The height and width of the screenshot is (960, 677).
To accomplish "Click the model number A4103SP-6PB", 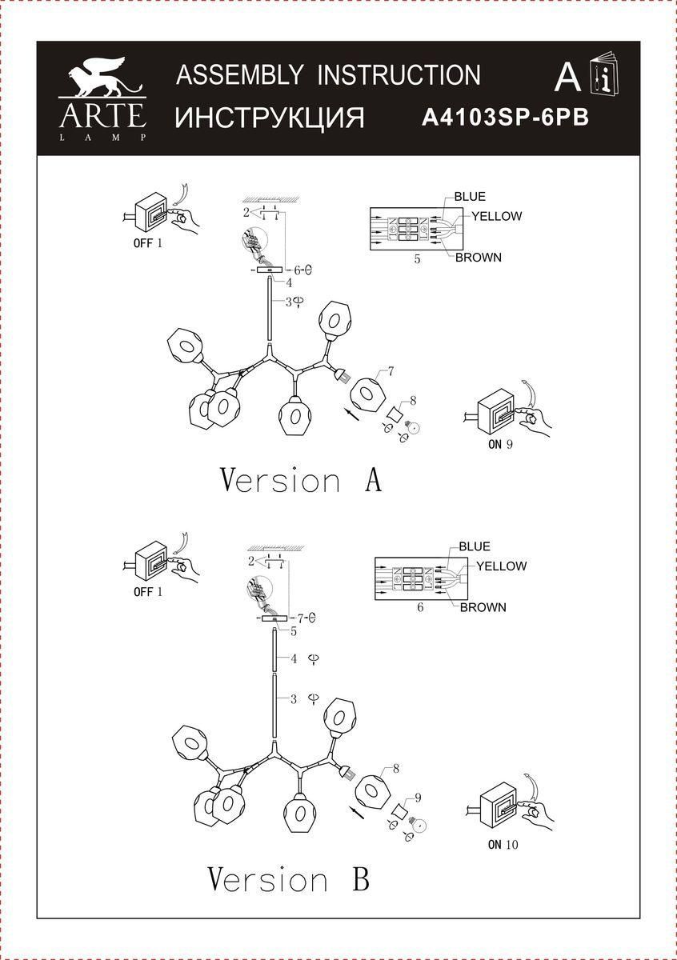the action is pos(505,117).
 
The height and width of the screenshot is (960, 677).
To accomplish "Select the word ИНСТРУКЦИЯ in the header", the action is pos(269,118).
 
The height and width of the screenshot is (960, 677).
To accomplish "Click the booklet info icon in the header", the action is pos(603,74).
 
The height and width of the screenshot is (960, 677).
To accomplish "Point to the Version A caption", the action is pos(301,481).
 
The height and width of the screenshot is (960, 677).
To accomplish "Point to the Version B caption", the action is pos(289,879).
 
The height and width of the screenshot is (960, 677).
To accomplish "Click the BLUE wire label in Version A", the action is pos(470,197).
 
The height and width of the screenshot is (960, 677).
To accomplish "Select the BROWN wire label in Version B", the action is pos(483,607).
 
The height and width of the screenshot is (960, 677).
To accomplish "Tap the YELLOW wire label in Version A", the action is pos(496,217).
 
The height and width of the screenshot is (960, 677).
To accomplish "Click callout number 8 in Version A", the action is pos(413,401).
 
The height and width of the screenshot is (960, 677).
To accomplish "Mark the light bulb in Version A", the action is pos(413,427).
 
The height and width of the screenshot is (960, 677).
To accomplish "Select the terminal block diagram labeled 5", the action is pos(416,229).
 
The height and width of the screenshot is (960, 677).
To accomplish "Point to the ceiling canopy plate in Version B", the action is pos(274,618).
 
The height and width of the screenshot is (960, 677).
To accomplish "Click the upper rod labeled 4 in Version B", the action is pos(274,650).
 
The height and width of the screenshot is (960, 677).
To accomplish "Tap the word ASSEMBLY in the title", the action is pos(239,74).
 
